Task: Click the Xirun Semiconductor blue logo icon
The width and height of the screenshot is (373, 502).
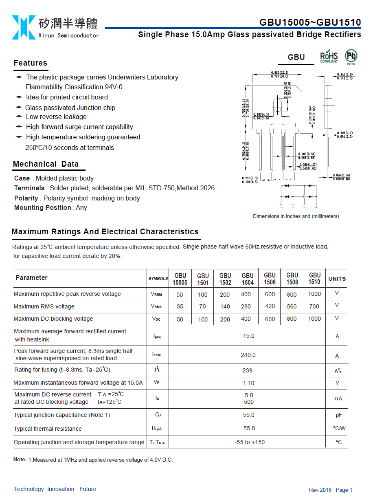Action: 24,27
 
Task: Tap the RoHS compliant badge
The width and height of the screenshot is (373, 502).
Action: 329,57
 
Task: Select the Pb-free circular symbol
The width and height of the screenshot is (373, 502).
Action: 351,56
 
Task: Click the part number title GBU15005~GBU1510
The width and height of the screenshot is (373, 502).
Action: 310,22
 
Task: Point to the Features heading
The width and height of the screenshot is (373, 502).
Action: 31,63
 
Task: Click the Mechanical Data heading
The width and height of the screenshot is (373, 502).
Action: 46,164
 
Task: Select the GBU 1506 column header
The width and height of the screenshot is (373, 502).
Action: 270,278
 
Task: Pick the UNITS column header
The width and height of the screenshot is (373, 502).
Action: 337,279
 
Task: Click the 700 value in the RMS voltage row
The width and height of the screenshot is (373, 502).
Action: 314,306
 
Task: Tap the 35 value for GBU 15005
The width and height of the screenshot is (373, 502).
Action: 180,307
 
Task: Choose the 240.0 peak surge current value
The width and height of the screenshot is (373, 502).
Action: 248,355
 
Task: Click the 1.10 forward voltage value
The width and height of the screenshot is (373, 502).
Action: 248,383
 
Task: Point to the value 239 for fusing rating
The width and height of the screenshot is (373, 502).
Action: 247,370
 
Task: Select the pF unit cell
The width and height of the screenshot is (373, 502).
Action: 338,415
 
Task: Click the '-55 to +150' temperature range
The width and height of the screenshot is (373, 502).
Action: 250,442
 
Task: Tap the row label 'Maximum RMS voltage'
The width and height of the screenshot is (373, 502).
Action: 44,306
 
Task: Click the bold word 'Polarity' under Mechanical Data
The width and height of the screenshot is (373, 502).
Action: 26,198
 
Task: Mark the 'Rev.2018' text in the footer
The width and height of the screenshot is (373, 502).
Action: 320,490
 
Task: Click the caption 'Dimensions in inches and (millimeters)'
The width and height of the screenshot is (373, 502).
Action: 296,216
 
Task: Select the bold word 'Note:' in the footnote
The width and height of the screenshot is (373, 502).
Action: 20,460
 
